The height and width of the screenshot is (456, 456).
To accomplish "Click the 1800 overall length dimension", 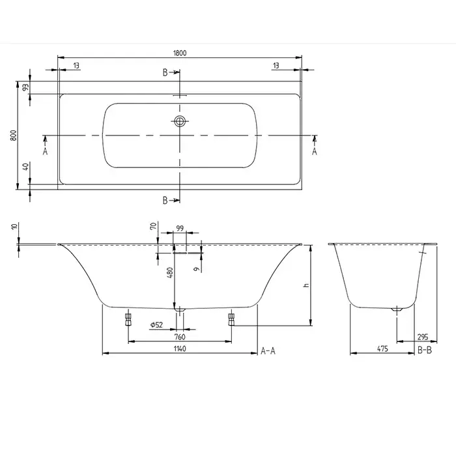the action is coord(180,53).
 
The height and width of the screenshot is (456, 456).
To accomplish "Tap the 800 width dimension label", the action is coord(14,135).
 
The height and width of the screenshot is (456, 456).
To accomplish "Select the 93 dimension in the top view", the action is coord(26,87).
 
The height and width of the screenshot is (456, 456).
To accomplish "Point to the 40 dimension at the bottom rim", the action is coord(26,167).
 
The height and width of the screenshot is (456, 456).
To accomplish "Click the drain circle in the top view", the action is coord(180,121).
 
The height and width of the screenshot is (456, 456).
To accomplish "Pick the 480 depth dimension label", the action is coord(170,272).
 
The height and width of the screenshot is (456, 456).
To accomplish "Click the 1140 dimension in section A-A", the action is coord(180,349).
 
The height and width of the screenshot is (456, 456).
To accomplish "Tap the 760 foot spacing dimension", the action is coord(180,337).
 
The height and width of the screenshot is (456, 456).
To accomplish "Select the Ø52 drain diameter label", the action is coord(156,324).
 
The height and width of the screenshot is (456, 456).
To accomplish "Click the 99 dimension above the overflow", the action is coord(180,228).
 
